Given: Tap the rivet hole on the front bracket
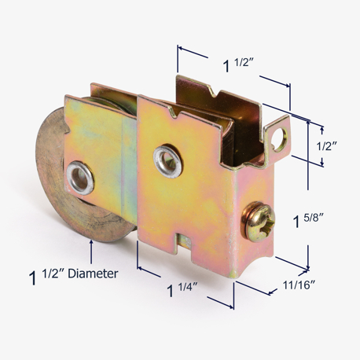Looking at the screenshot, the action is click(167, 162).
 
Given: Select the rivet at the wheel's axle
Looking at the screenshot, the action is click(79, 178).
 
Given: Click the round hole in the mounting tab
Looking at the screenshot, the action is click(280, 138).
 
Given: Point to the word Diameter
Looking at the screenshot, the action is click(93, 274).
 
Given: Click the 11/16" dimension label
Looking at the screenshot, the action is click(299, 285).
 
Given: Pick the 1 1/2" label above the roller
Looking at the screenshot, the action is click(238, 64).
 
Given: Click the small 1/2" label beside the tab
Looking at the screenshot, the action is click(326, 146).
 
